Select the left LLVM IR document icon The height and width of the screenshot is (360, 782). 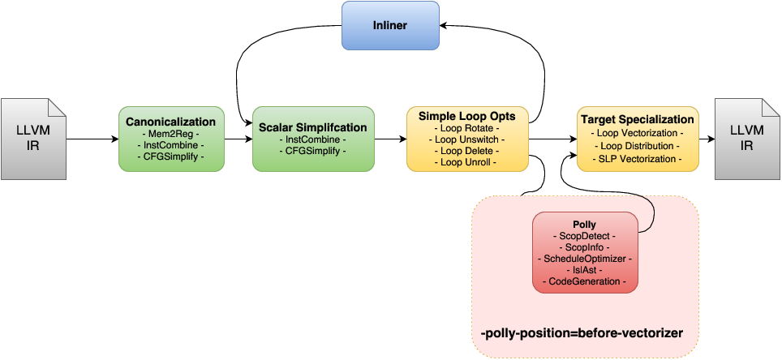[x=33, y=139]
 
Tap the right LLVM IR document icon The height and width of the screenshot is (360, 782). [x=746, y=139]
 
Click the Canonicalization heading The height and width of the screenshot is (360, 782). [x=171, y=122]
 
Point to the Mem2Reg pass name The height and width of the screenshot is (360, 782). [x=171, y=133]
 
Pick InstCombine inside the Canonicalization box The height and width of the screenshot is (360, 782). [x=171, y=144]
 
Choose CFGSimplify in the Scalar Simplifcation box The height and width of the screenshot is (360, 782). [x=313, y=150]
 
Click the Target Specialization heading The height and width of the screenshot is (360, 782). [x=638, y=120]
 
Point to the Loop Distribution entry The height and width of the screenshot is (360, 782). [x=638, y=146]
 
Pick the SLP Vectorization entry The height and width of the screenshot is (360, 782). [x=638, y=158]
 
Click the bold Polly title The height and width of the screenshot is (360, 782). [x=584, y=223]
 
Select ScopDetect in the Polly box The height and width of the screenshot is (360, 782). [x=584, y=235]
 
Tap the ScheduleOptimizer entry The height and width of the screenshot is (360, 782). [x=584, y=258]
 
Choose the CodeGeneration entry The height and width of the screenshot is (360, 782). [x=584, y=281]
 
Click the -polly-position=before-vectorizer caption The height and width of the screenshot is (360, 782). [x=581, y=334]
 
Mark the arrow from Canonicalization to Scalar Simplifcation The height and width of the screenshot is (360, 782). [x=238, y=139]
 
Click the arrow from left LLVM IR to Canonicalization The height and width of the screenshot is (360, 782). [x=92, y=139]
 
